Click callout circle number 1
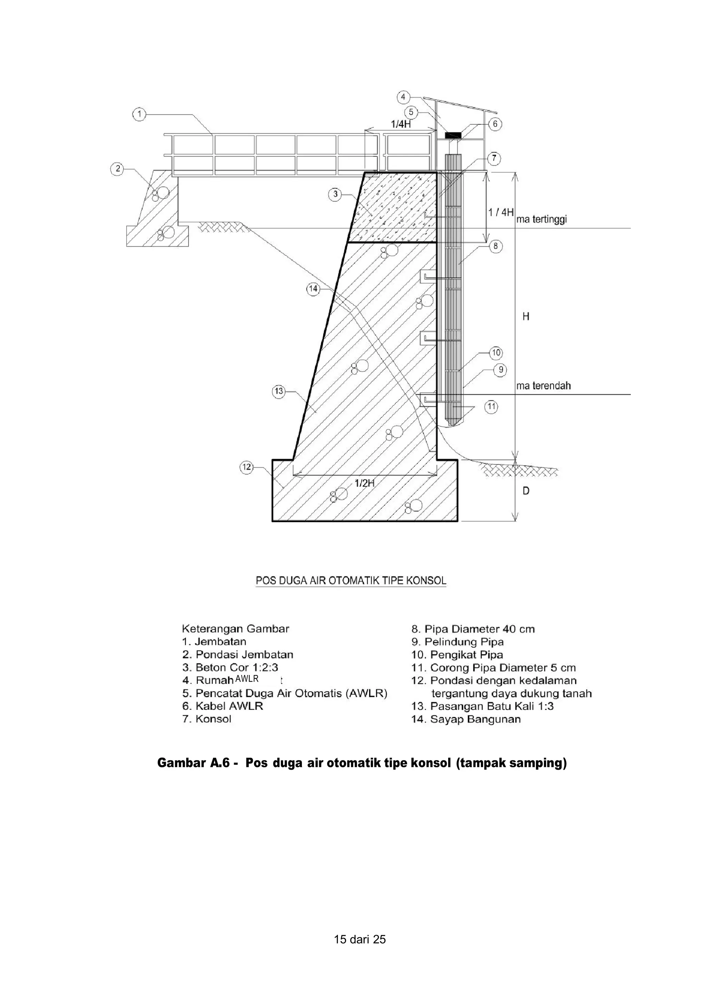(x=139, y=114)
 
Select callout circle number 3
(x=335, y=194)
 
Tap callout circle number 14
(x=313, y=289)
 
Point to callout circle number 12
(x=246, y=467)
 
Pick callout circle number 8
(x=495, y=247)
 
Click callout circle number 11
(x=492, y=407)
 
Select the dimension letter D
(x=526, y=491)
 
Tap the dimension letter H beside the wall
(x=526, y=316)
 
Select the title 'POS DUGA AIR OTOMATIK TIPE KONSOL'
(x=351, y=581)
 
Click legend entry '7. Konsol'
(x=207, y=719)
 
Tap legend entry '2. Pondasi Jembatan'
(x=238, y=654)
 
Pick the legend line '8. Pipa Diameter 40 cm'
(x=473, y=629)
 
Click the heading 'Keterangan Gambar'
(x=235, y=629)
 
